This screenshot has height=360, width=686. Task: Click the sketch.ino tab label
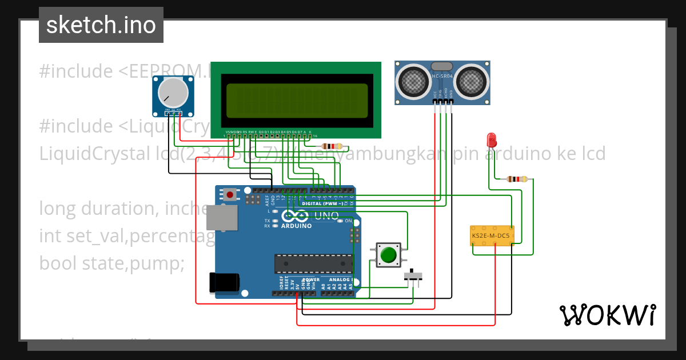pos(101,25)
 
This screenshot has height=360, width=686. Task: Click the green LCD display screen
pos(296,99)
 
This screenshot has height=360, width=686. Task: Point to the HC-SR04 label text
pos(442,76)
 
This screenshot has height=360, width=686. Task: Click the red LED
pos(490,139)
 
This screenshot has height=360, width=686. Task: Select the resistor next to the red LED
pos(517,179)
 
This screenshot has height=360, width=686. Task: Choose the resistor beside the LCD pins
pos(332,146)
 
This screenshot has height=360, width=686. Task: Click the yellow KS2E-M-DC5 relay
pos(492,235)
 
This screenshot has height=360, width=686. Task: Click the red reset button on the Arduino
pos(230,194)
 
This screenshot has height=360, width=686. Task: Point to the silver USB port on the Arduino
pos(221,218)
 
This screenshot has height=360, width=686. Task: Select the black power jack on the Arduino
pos(224,282)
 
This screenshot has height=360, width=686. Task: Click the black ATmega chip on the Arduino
pos(313,263)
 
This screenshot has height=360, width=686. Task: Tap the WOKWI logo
pos(607,315)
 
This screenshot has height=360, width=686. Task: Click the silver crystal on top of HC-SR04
pos(442,67)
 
